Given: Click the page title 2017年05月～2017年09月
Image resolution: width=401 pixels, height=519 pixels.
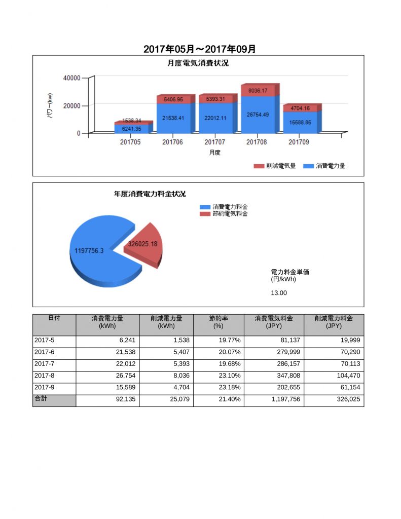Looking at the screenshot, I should coord(200,49).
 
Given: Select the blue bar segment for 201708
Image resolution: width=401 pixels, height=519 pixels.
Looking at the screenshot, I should coord(260,122).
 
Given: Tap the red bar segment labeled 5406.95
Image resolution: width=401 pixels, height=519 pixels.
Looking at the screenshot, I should coord(173,100).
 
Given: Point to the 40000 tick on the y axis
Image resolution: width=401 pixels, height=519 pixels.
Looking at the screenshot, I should coord(71,78).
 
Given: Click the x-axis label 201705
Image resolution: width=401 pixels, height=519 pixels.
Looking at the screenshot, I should coord(130,142).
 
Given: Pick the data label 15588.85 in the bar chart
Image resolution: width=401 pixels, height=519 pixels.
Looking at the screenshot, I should coord(301,122).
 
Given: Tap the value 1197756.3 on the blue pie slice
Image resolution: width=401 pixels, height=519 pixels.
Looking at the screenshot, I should coord(89,251).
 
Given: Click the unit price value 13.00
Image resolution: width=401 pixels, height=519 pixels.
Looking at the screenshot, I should coord(279,293).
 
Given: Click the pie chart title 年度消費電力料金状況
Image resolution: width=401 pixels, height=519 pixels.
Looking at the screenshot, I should coord(150,194).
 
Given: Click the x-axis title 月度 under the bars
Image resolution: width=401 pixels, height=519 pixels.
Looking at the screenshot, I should coord(214,153).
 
